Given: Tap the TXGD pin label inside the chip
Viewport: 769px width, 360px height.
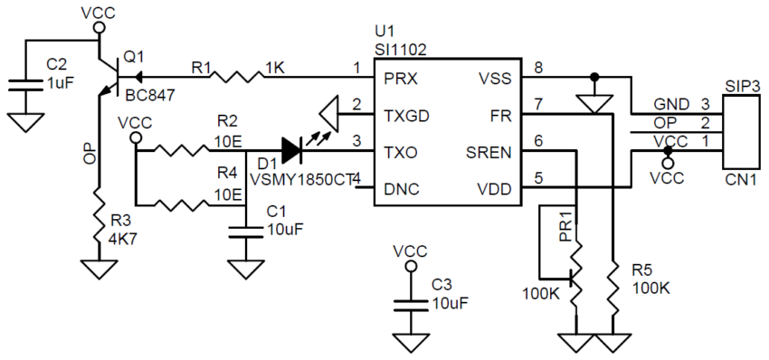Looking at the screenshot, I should tap(406, 116).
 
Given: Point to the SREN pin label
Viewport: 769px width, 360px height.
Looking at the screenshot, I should tap(489, 152).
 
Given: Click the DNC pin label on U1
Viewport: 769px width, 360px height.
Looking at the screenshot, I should tap(402, 189).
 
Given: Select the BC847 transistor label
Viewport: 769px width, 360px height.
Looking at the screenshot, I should tap(149, 94).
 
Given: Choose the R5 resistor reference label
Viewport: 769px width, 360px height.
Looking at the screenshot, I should tap(643, 270).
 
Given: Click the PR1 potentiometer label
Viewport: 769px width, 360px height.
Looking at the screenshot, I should tap(563, 224).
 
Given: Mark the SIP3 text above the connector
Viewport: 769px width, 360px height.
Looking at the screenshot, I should tap(742, 86).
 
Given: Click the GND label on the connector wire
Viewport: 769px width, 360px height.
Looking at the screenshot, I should tap(670, 104).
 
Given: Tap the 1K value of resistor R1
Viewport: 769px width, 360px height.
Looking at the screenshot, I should tap(275, 67).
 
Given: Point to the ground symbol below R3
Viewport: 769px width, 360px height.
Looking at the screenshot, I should tap(100, 270).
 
